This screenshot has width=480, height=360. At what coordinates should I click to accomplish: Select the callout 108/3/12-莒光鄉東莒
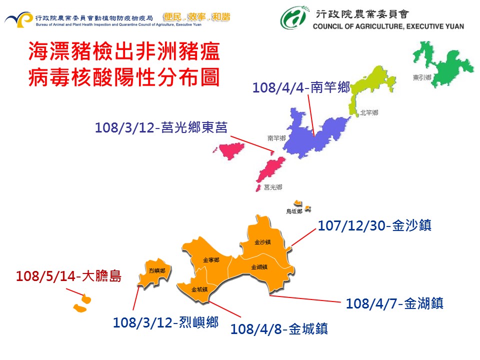click(161, 127)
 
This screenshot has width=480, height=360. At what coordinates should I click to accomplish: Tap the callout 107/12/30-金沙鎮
click(374, 226)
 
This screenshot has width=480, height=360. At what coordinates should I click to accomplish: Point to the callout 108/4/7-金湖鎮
click(394, 303)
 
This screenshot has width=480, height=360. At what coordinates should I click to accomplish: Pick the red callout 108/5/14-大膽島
click(68, 276)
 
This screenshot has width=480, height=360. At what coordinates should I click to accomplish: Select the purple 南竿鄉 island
click(315, 135)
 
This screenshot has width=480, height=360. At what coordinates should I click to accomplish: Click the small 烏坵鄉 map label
click(294, 211)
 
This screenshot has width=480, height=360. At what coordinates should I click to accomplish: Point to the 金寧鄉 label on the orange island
click(211, 260)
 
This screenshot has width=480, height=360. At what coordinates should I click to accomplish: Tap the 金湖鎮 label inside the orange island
click(259, 267)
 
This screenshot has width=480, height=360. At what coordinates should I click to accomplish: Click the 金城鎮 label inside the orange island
click(199, 289)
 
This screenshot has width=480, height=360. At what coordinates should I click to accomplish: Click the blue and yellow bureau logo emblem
click(18, 20)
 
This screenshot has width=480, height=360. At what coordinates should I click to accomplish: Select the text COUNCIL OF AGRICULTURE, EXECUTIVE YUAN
click(388, 26)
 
